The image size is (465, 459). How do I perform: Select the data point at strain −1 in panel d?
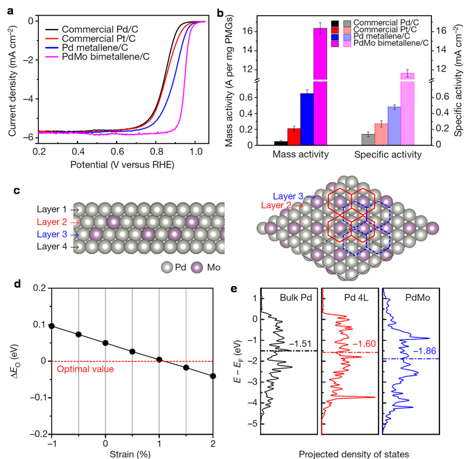(x=51, y=326)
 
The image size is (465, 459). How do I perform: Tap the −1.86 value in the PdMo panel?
(x=425, y=351)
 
